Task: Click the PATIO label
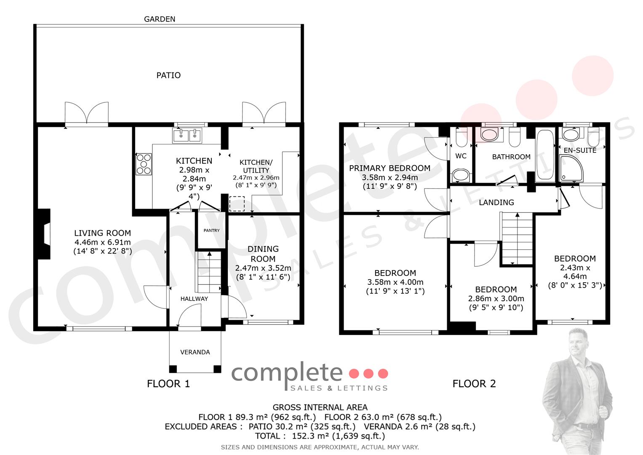[x=168, y=75]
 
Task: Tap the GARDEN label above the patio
[x=160, y=19]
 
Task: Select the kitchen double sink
[x=187, y=135]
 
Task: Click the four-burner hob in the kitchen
[x=144, y=164]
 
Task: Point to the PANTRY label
[x=211, y=230]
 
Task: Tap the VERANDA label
[x=195, y=352]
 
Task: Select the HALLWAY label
[x=195, y=299]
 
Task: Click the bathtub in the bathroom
[x=545, y=155]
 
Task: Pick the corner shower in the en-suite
[x=571, y=168]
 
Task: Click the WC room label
[x=461, y=156]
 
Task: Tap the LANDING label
[x=496, y=203]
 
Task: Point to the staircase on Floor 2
[x=517, y=238]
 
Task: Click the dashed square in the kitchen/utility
[x=237, y=203]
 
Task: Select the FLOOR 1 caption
[x=168, y=384]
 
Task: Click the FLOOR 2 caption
[x=474, y=384]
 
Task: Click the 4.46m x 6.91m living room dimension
[x=102, y=242]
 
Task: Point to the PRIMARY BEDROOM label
[x=390, y=168]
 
